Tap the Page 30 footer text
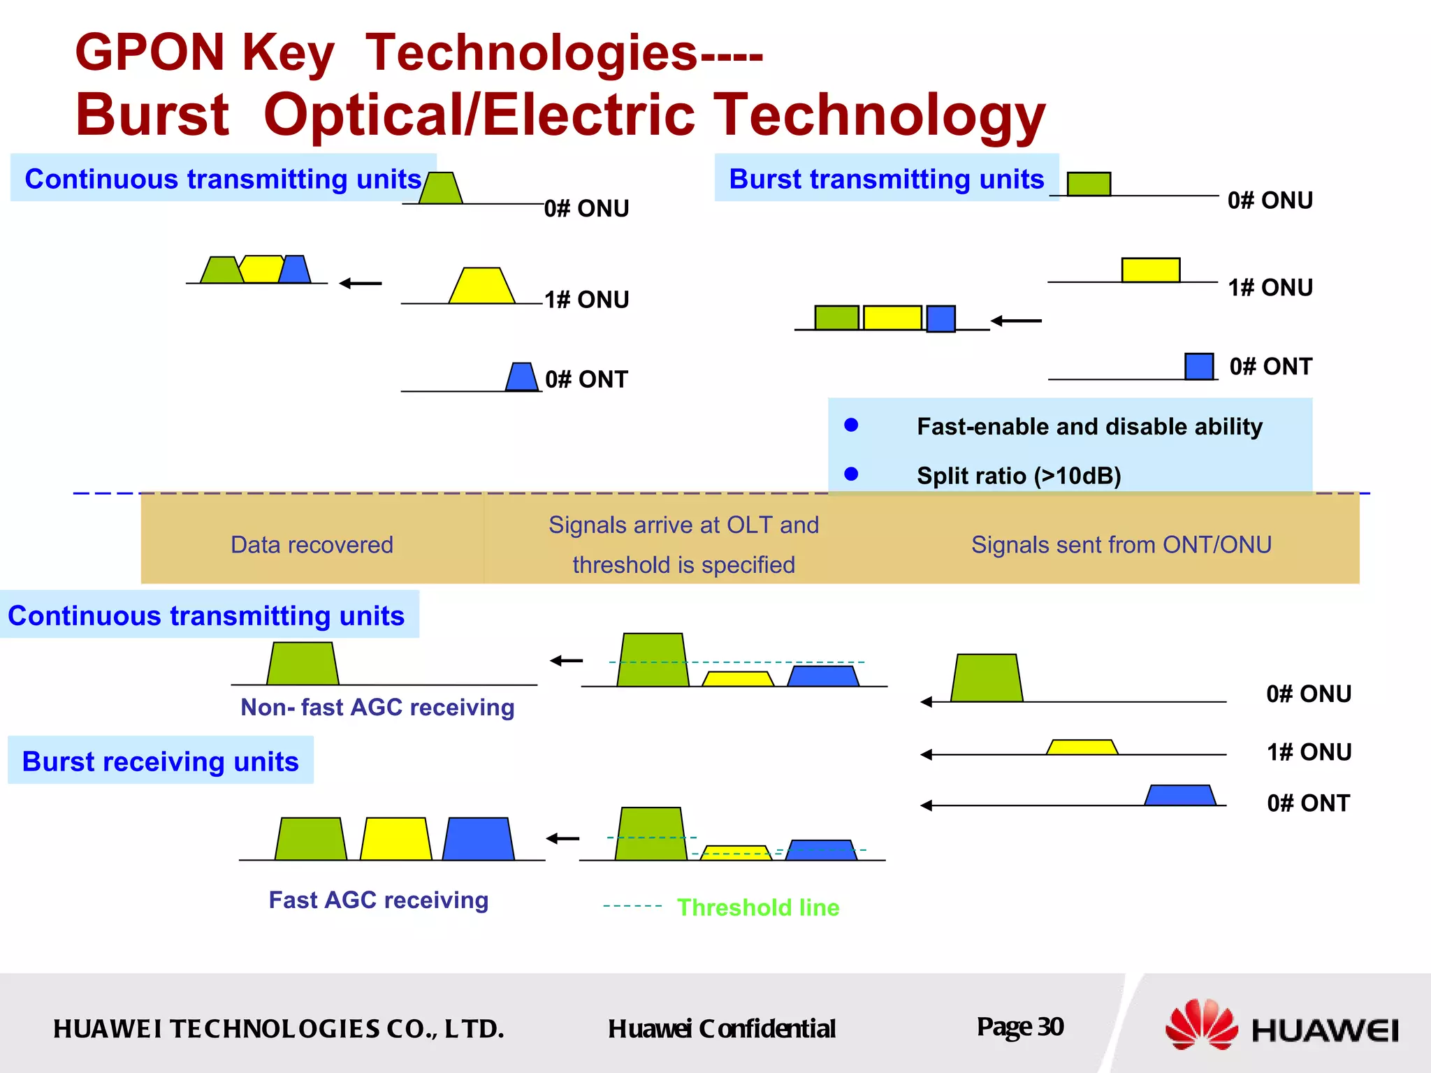[x=1019, y=1027]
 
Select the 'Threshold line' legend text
[x=757, y=907]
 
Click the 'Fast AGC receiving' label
[x=378, y=900]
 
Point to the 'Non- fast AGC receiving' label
[x=377, y=707]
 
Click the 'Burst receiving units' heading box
[x=161, y=761]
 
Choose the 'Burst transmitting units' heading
[x=886, y=179]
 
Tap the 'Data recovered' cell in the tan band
[x=312, y=544]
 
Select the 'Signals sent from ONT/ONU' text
[x=1121, y=544]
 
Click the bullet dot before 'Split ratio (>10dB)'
[x=850, y=474]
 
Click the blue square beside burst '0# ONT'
[x=1198, y=366]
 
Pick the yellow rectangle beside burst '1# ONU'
[x=1150, y=270]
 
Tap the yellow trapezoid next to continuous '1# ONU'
[x=481, y=286]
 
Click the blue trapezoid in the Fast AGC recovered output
[x=479, y=839]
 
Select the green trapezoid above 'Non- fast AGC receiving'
[x=303, y=664]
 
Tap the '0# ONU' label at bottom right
[x=1308, y=694]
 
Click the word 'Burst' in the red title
[x=152, y=115]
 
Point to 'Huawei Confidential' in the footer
[x=721, y=1028]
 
